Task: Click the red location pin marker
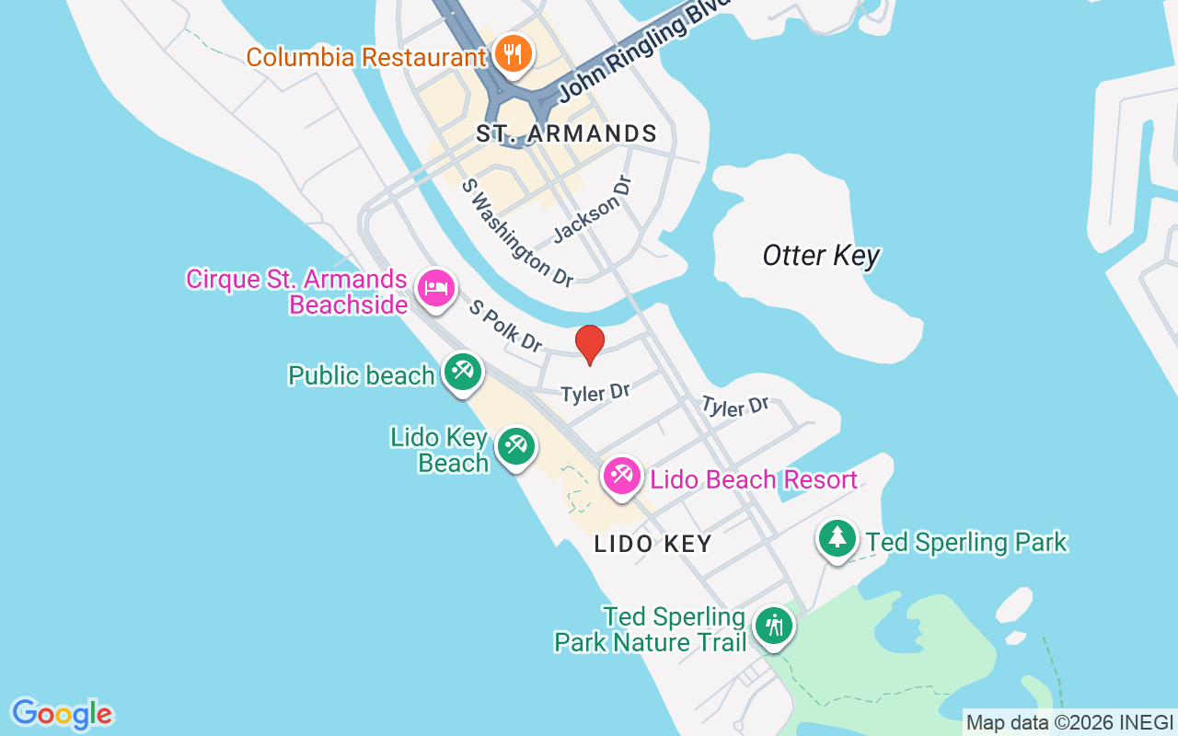point(590,344)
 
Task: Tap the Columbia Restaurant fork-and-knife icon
point(511,53)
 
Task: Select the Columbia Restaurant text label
point(365,57)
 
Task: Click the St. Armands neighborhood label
point(566,134)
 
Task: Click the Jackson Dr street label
point(594,211)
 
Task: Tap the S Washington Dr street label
point(517,232)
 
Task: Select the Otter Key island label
point(821,256)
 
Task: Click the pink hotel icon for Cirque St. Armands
point(435,289)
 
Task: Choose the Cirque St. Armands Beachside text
point(296,292)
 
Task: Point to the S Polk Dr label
point(505,325)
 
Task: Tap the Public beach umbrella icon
point(461,372)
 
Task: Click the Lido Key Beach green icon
point(515,447)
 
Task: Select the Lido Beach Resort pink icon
point(622,476)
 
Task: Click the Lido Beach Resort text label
point(754,479)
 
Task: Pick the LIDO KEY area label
point(653,544)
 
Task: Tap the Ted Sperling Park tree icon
point(837,537)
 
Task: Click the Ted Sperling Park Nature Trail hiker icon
point(774,627)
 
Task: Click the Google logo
point(62,714)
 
